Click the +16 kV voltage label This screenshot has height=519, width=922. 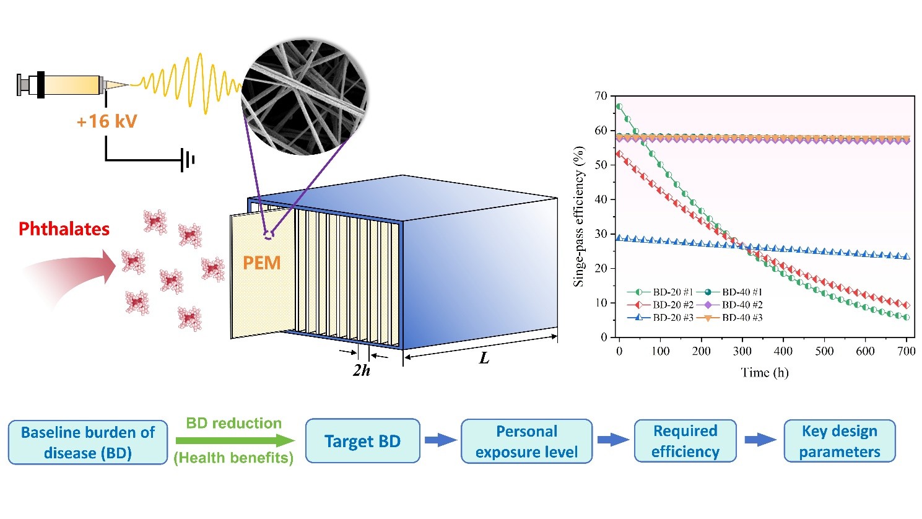107,121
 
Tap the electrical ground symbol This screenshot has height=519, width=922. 188,160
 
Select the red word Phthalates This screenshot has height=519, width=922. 64,229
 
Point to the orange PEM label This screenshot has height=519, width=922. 261,263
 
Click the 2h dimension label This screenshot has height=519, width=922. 362,370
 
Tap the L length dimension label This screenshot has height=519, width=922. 484,358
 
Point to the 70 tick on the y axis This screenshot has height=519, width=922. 601,96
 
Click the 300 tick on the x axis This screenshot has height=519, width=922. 742,351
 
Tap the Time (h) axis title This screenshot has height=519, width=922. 765,372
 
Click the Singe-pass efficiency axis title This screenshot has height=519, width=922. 579,217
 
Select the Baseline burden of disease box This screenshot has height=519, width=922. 88,442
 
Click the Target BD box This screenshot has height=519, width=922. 363,441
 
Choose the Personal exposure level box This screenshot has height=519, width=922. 527,442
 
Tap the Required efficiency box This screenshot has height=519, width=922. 685,441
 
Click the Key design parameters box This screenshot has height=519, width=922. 839,441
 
